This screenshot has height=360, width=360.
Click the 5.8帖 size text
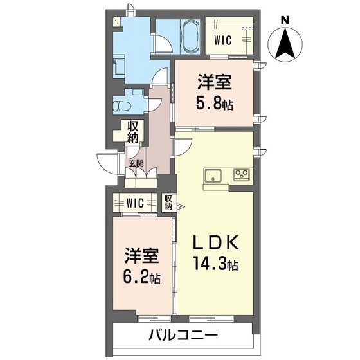[x=214, y=101]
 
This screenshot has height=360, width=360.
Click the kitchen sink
[x=213, y=175]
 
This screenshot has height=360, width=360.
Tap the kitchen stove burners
[x=242, y=175]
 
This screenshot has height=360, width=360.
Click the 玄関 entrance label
[x=136, y=163]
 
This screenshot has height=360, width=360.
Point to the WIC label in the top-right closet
[x=223, y=41]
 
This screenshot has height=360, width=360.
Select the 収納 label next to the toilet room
[x=133, y=132]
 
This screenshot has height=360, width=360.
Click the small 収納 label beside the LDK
[x=168, y=203]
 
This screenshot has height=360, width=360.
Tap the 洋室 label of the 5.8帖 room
[x=214, y=82]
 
